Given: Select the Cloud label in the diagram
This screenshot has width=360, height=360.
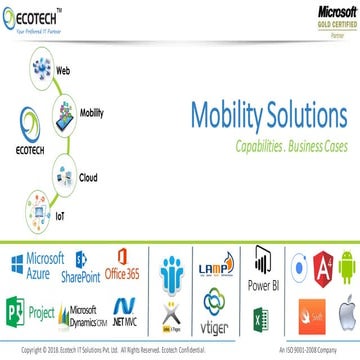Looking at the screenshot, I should [x=88, y=177].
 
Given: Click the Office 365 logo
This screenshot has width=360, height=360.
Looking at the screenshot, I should [x=132, y=264].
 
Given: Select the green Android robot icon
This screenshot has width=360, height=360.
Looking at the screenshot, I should [x=342, y=265].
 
